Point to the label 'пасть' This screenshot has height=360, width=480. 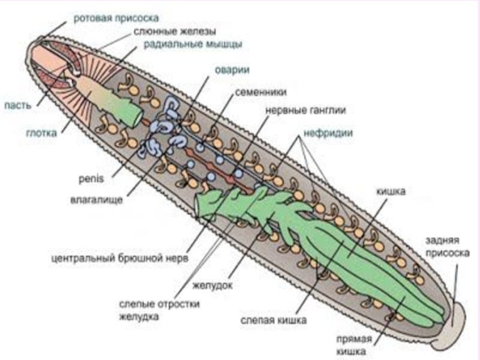click(x=16, y=106)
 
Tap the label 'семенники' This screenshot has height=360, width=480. click(x=260, y=93)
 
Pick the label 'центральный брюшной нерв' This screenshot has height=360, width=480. click(x=119, y=259)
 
